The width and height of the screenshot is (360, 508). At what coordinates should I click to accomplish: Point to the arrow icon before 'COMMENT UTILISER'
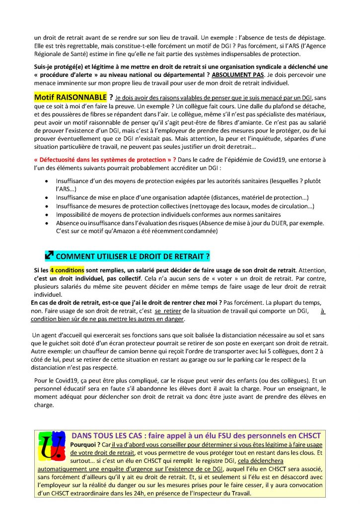click(x=49, y=256)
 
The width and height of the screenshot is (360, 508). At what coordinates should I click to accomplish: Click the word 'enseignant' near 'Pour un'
click(x=288, y=389)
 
